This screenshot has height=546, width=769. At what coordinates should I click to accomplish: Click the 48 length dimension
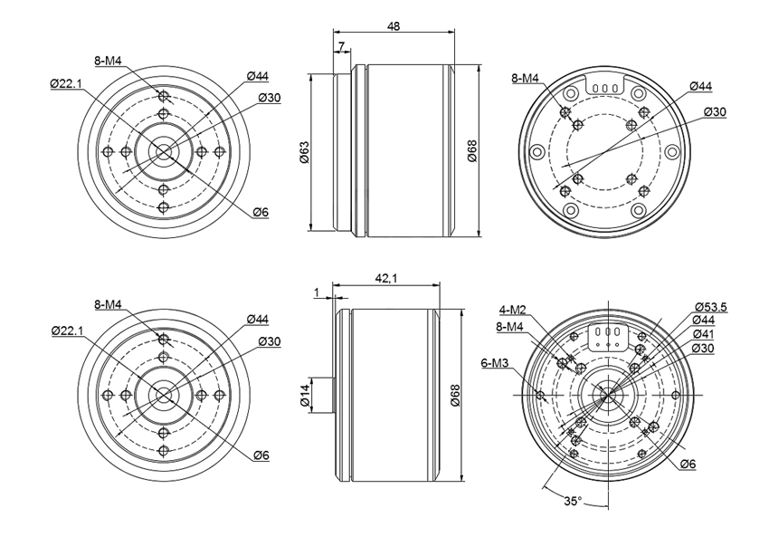click(394, 26)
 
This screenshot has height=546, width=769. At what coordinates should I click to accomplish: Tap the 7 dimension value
click(342, 47)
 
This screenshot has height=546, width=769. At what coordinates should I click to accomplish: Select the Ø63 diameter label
click(305, 152)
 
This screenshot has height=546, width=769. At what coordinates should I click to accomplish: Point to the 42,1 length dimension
click(386, 278)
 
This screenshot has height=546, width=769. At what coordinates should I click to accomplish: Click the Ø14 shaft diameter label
click(305, 396)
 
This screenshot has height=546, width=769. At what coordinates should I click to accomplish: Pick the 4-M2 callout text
click(512, 310)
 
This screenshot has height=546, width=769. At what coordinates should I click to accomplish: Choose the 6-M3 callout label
click(495, 363)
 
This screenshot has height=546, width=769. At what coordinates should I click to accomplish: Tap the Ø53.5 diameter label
click(710, 308)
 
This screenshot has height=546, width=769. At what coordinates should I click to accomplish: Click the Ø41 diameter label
click(703, 334)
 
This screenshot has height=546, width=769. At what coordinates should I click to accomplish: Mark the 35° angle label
click(573, 502)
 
